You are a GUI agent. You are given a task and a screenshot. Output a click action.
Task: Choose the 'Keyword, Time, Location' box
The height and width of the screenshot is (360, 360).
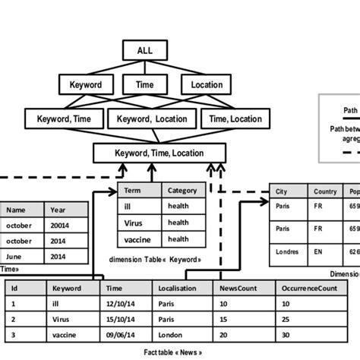(159, 153)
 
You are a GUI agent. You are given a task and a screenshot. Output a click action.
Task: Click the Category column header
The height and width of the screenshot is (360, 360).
(183, 191)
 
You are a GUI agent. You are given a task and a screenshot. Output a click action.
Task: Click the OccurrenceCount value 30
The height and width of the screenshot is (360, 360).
(286, 335)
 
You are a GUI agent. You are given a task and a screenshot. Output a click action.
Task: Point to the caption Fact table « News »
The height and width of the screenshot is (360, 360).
(177, 353)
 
